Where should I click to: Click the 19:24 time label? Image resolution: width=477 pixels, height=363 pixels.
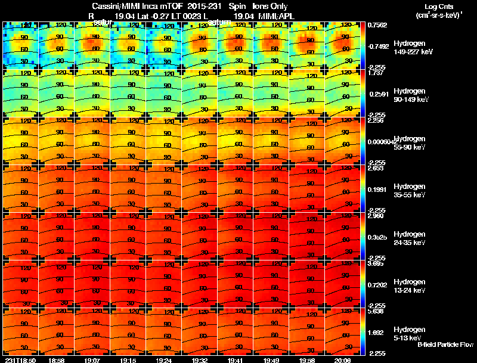pyautogui.click(x=164, y=360)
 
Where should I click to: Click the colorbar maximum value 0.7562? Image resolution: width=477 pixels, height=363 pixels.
pyautogui.click(x=377, y=25)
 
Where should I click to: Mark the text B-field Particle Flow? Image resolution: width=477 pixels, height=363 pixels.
pyautogui.click(x=445, y=345)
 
